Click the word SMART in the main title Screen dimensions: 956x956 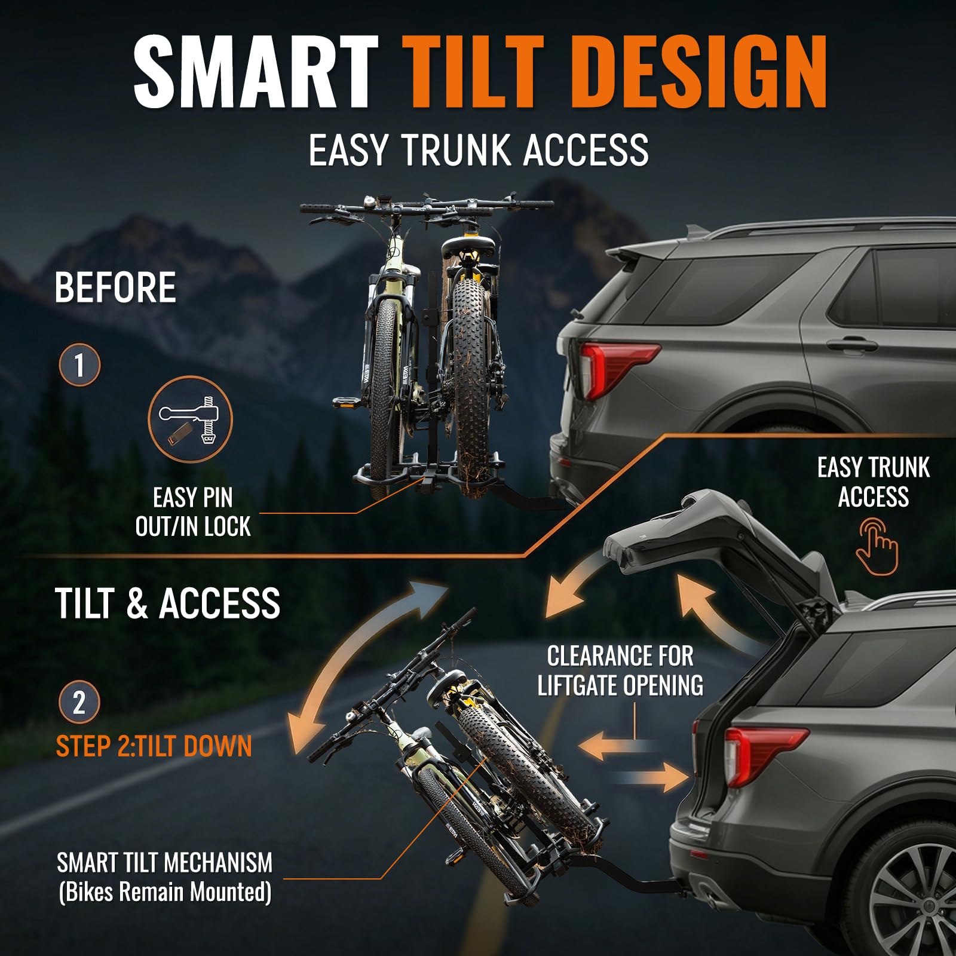256,71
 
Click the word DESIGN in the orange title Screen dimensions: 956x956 703,72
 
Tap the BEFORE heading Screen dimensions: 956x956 115,287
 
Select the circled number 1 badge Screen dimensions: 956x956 79,364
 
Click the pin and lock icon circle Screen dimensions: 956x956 190,418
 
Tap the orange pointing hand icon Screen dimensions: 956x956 877,547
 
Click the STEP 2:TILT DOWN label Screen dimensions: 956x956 154,746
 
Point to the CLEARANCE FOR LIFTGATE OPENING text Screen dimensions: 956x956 620,670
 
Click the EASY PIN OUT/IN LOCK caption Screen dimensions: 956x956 192,512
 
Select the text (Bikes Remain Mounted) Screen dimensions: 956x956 165,892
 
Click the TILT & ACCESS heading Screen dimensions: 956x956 168,603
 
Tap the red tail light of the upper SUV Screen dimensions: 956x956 615,367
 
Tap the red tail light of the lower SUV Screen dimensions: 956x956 764,755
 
